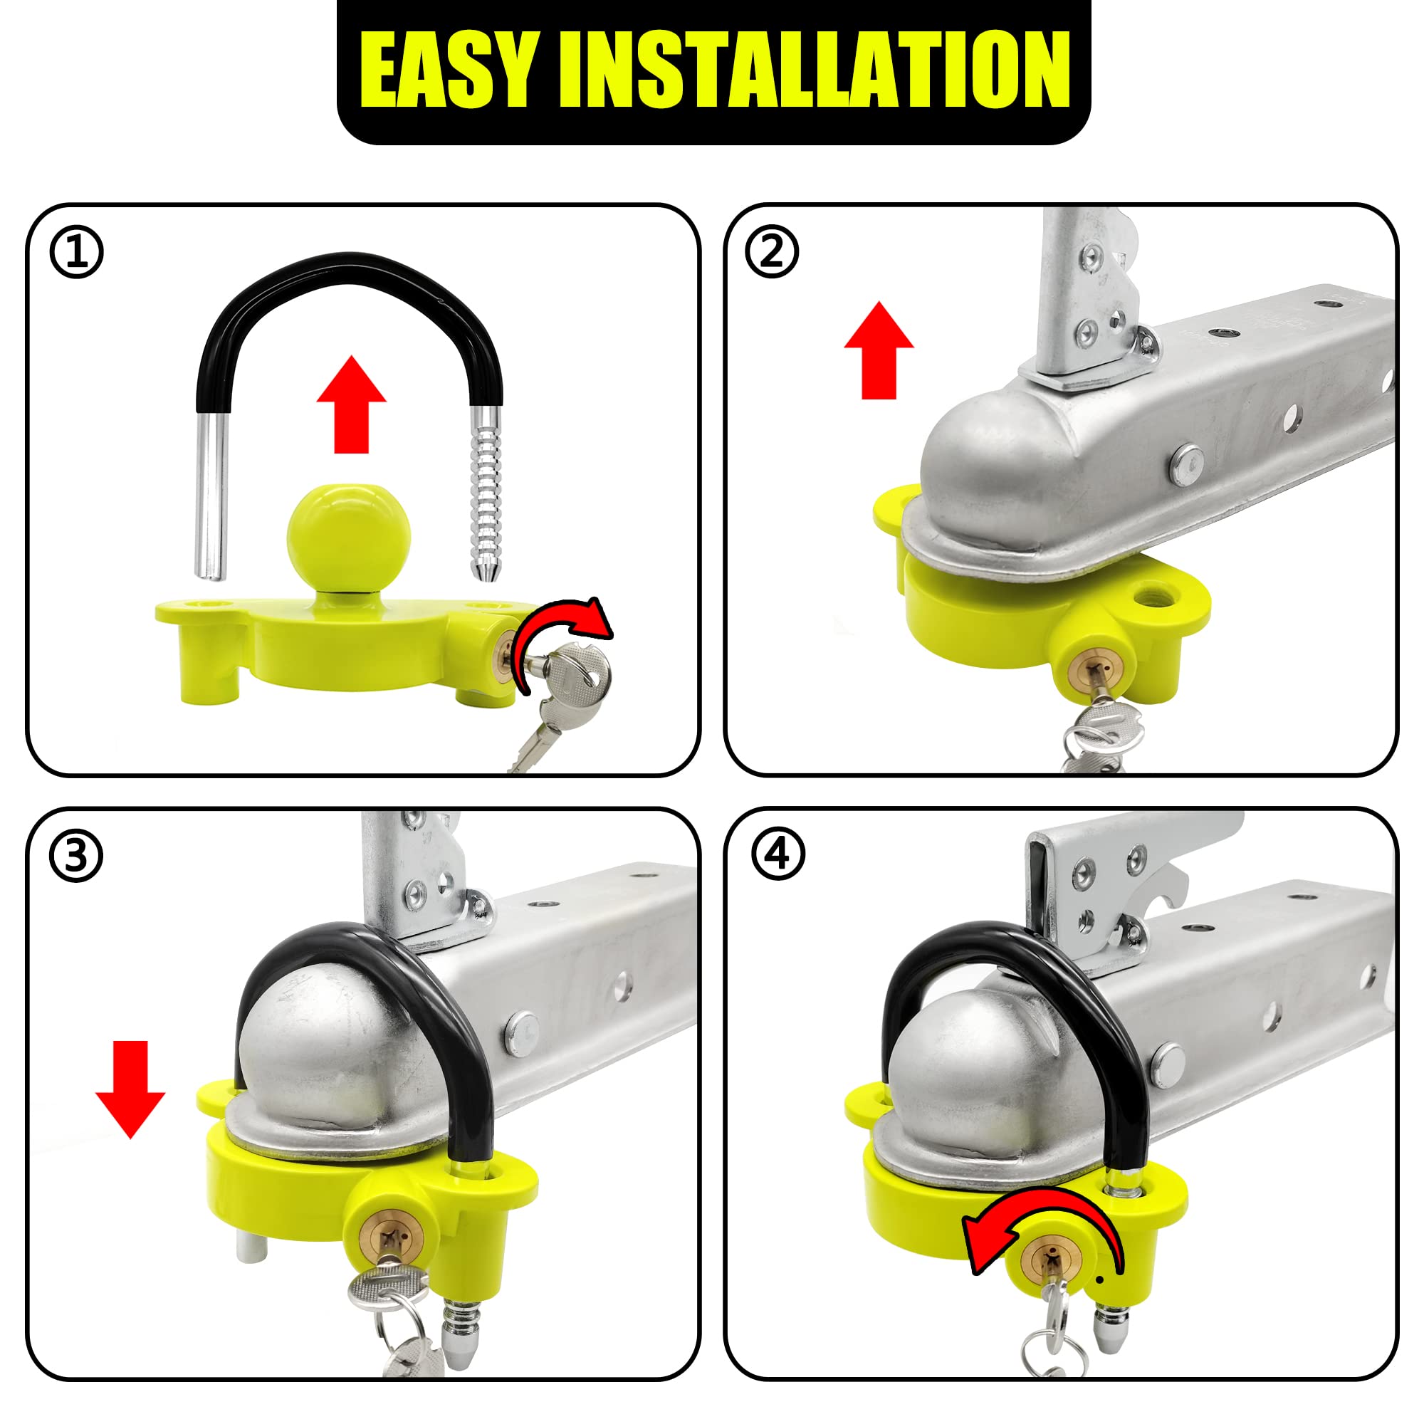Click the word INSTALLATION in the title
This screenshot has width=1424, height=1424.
(x=815, y=72)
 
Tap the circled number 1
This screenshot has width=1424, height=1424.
(x=77, y=252)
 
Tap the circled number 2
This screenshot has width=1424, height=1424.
(x=772, y=252)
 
